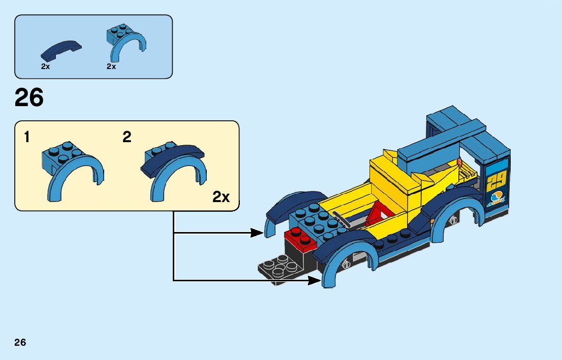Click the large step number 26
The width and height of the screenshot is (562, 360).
click(29, 98)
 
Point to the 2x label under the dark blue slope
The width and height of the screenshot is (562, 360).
click(45, 67)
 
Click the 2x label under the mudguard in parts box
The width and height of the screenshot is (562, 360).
click(111, 67)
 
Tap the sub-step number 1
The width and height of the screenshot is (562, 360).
click(26, 137)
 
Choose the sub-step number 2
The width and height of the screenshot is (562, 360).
click(127, 137)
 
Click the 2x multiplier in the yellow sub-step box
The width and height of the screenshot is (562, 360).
click(221, 197)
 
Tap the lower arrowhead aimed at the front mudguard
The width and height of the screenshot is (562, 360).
click(315, 280)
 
